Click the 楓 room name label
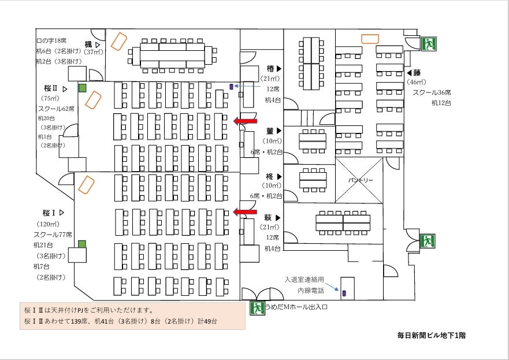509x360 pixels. click(x=88, y=44)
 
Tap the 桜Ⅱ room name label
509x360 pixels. click(x=51, y=88)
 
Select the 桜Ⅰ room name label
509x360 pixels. click(x=49, y=212)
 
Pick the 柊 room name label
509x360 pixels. click(x=269, y=176)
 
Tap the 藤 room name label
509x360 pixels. click(x=416, y=73)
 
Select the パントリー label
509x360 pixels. click(x=360, y=180)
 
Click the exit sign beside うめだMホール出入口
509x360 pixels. click(x=257, y=307)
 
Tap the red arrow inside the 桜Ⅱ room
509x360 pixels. click(x=245, y=121)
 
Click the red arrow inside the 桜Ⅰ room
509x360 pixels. click(x=245, y=212)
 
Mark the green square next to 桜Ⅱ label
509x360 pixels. click(x=83, y=88)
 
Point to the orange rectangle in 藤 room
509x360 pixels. click(x=370, y=39)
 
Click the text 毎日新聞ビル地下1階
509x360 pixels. click(x=431, y=335)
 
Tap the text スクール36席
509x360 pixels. click(x=432, y=92)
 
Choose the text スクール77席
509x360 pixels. click(x=53, y=235)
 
